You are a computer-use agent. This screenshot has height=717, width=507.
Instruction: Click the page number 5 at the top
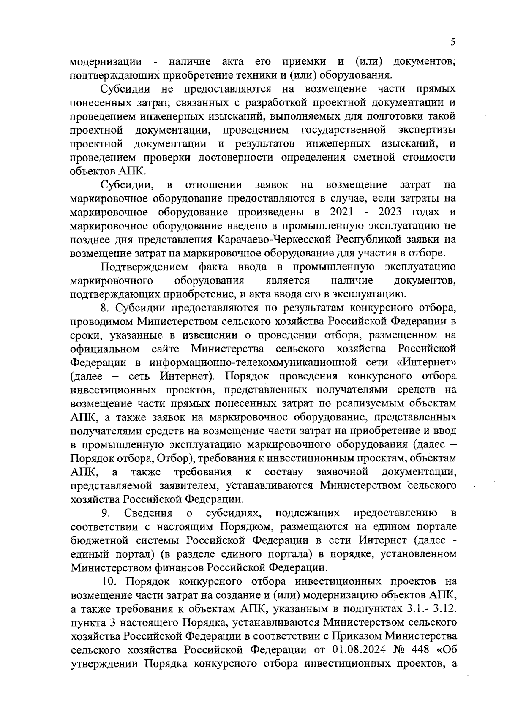coord(453,42)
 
